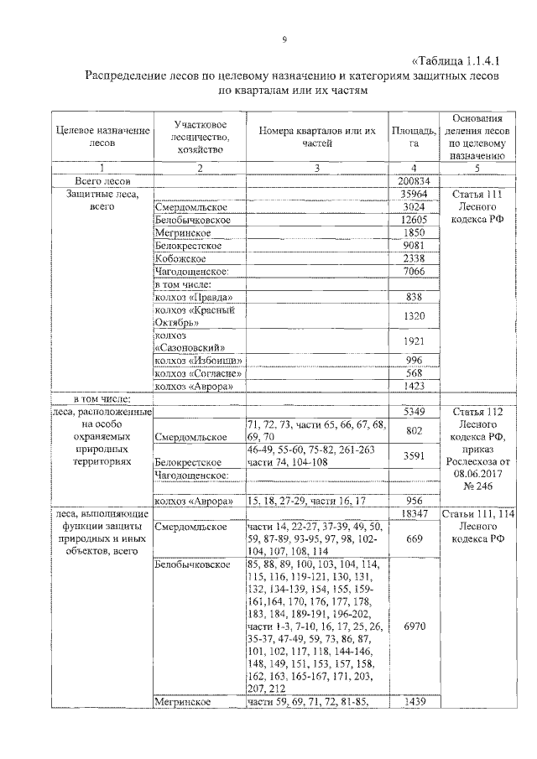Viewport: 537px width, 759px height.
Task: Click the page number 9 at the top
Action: coord(284,39)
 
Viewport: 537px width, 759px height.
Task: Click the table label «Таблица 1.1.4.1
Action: coord(456,61)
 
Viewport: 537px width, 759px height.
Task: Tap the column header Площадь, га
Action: coord(413,137)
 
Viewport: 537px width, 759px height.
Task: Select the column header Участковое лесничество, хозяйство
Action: coord(198,137)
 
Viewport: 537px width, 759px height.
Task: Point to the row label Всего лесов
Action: coord(102,181)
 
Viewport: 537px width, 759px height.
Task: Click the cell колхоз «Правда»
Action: coord(194,298)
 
